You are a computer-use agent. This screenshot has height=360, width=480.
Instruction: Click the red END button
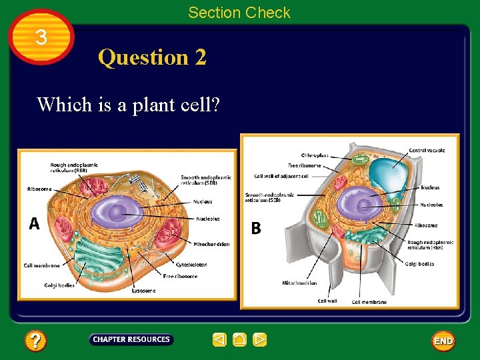[x=443, y=341]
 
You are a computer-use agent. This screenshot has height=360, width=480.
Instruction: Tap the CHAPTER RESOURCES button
[x=131, y=340]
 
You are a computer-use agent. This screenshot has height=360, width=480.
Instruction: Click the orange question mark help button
[x=35, y=341]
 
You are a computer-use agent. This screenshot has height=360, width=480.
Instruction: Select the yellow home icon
[x=240, y=340]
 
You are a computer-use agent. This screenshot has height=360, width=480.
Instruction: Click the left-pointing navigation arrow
[x=220, y=340]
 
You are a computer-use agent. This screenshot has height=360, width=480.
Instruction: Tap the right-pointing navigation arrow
[x=260, y=340]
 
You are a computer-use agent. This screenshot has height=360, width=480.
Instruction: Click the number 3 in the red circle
[x=41, y=38]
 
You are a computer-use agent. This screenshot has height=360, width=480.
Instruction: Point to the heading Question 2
[x=152, y=57]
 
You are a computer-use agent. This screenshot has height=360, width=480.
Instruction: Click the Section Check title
[x=239, y=12]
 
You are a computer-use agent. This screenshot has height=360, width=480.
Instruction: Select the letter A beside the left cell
[x=34, y=224]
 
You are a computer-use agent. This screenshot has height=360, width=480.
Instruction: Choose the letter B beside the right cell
[x=256, y=228]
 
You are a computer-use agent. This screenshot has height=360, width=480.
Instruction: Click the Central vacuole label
[x=427, y=151]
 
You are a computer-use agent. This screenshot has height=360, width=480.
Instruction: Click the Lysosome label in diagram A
[x=143, y=291]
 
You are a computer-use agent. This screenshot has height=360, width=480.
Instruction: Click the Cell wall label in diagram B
[x=327, y=301]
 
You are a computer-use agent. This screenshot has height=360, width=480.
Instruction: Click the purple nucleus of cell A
[x=116, y=213]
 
